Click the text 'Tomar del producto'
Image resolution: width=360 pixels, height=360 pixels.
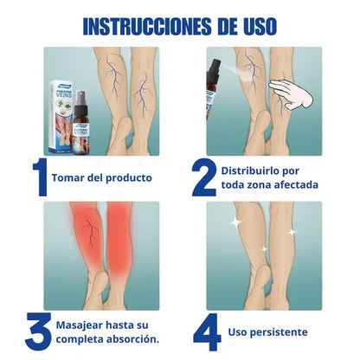(104, 177)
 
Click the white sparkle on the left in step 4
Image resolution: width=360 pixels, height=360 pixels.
(235, 222)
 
